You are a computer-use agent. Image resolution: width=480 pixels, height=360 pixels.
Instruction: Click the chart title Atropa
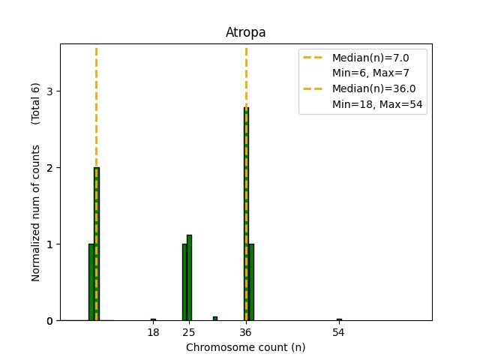(x=245, y=33)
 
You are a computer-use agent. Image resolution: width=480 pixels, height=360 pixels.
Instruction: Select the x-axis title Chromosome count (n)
(x=245, y=347)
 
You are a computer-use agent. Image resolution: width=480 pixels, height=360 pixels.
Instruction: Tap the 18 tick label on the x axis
(x=153, y=332)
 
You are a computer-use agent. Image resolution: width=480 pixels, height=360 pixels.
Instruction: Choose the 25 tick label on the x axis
(x=189, y=332)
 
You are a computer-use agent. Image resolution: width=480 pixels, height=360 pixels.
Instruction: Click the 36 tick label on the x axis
(x=246, y=332)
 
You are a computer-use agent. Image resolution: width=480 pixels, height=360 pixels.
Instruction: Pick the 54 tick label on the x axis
(x=339, y=332)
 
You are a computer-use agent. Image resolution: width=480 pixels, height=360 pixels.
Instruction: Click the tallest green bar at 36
(x=246, y=217)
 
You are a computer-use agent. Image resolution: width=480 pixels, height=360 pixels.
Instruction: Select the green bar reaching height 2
(x=96, y=247)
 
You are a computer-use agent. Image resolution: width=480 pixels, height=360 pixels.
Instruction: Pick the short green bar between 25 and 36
(x=215, y=319)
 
